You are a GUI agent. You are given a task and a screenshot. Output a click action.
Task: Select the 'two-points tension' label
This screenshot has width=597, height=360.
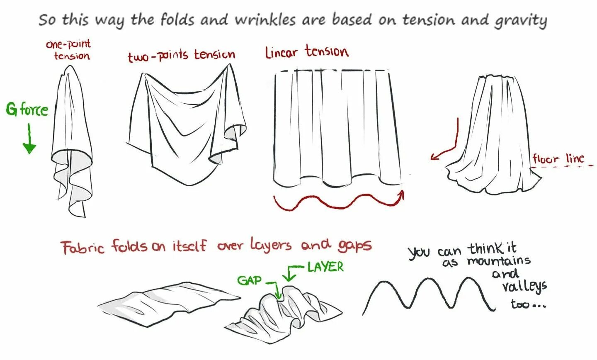(182, 55)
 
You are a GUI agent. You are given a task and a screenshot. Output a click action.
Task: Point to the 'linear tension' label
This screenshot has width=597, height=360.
(306, 52)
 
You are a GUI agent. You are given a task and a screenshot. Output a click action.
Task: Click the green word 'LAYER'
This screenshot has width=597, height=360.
(325, 267)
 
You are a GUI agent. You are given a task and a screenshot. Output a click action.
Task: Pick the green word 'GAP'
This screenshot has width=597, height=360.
(249, 280)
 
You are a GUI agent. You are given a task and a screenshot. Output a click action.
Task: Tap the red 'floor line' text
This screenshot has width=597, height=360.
(558, 158)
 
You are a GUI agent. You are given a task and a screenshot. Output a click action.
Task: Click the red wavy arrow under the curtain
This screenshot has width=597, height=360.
(338, 202)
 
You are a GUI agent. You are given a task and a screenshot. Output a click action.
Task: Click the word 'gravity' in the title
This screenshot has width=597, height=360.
(520, 20)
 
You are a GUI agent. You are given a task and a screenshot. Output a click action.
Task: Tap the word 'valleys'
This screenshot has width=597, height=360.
(524, 286)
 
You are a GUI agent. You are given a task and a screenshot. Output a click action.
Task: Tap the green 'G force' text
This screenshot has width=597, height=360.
(27, 109)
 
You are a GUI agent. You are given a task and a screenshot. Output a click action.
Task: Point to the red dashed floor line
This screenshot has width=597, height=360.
(564, 167)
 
